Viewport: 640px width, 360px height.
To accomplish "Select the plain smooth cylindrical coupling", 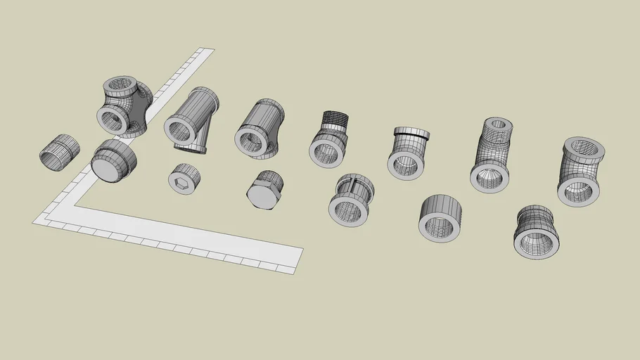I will tap(440, 217).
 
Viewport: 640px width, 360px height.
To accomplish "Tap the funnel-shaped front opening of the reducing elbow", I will tap(489, 179).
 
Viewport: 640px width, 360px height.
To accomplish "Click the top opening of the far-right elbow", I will tap(584, 147).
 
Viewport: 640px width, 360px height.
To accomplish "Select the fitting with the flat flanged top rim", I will tap(409, 152).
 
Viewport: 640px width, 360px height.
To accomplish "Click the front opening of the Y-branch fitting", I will tap(179, 129).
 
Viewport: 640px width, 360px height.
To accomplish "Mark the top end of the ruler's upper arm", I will tap(205, 51).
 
